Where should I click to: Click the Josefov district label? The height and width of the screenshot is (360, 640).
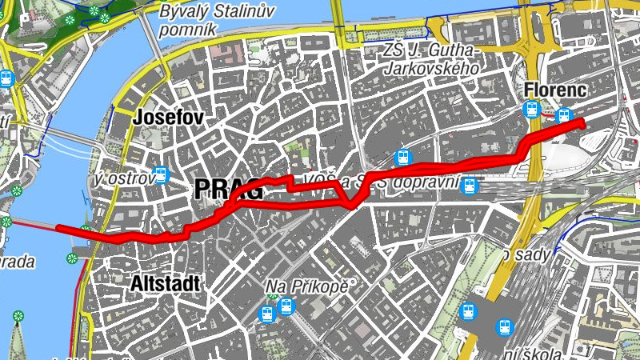(x=169, y=117)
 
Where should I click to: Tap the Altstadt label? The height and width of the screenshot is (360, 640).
(x=166, y=283)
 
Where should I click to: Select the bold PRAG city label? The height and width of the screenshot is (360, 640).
(x=228, y=190)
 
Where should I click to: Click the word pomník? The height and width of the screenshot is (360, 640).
(x=188, y=30)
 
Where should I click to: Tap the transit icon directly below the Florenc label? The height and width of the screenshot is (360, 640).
(x=530, y=110)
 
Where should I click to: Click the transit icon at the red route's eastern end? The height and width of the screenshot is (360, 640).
(x=564, y=116)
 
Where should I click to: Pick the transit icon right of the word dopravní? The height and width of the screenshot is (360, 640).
(x=470, y=186)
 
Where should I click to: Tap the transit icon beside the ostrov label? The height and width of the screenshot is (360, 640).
(x=162, y=174)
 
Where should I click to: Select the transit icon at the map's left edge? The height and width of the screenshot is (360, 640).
(x=7, y=78)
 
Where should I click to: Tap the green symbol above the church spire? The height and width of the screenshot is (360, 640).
(x=18, y=317)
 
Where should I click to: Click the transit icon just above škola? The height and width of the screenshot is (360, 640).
(x=505, y=326)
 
